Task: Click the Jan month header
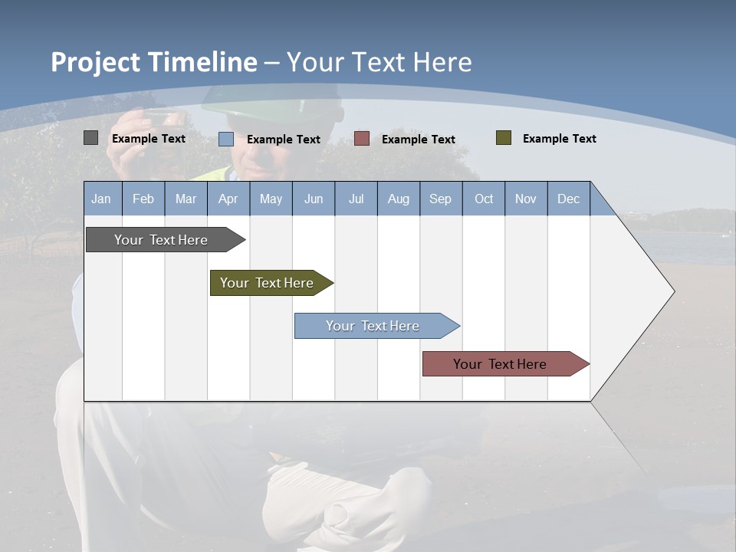coord(102,199)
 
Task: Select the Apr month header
coord(228,199)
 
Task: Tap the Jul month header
coord(356,199)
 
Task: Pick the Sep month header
coord(440,199)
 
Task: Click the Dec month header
coord(568,199)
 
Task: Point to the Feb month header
coord(143,199)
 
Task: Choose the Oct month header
coord(484,199)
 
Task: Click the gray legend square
coord(91,138)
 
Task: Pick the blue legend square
coord(226,139)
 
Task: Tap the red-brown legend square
coord(362,139)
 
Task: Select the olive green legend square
coord(504,138)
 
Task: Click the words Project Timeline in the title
coord(154,62)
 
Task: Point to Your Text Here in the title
coord(379,62)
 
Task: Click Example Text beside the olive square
coord(559,139)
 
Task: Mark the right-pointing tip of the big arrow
coord(672,291)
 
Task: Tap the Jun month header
coord(314,199)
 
